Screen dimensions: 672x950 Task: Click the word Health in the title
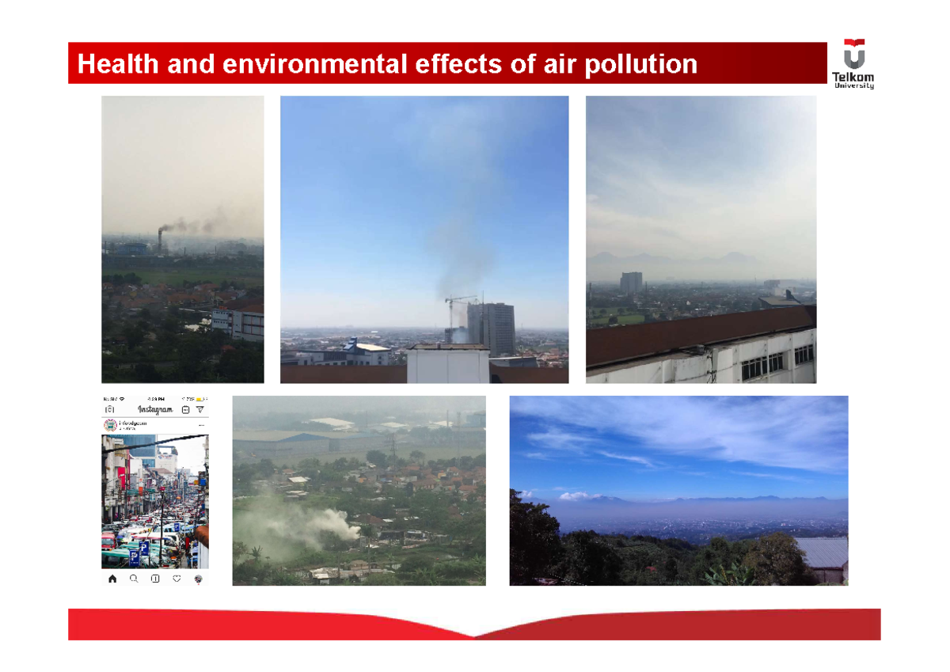point(117,64)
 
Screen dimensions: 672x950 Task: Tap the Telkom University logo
point(853,63)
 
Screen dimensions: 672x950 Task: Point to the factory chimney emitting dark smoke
point(160,241)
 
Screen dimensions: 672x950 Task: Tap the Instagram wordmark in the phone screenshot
point(155,409)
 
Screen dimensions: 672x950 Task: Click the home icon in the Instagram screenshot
point(112,579)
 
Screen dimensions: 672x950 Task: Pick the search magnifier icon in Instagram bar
point(134,579)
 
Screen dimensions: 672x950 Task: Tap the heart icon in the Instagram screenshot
point(177,579)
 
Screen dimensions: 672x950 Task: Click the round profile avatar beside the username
point(110,425)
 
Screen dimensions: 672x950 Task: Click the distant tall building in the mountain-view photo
point(631,283)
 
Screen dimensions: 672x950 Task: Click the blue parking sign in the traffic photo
point(135,557)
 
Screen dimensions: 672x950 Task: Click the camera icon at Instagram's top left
point(110,409)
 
